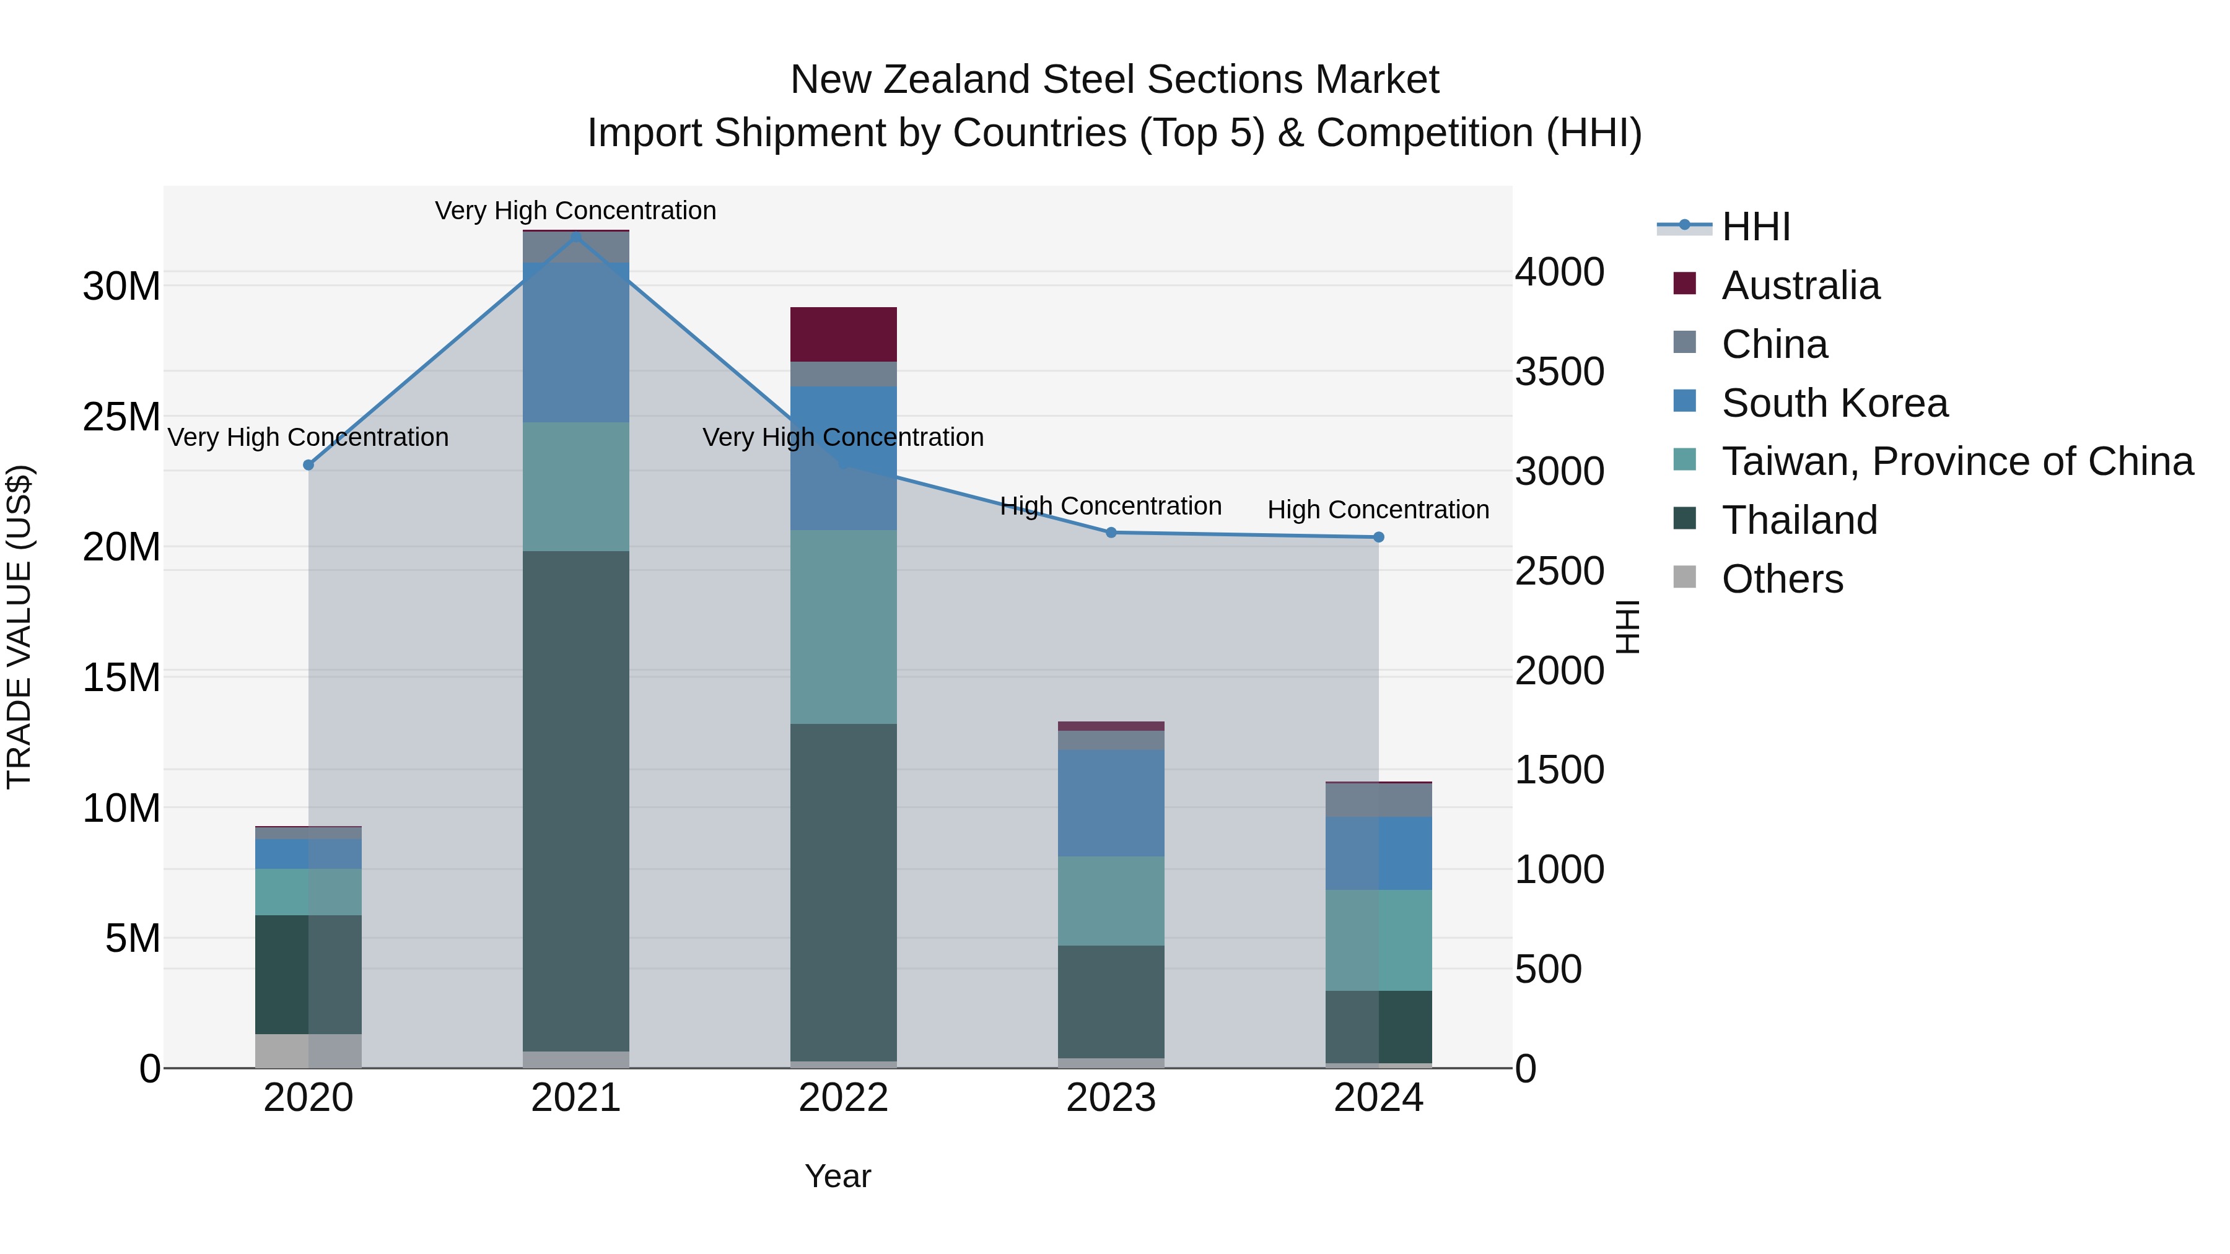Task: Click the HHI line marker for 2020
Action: pos(308,464)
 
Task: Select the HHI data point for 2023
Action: pos(1111,532)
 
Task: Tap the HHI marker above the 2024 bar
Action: pos(1379,538)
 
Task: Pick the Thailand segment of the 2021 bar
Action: pos(575,801)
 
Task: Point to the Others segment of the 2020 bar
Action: pos(308,1051)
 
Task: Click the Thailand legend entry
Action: pos(1799,520)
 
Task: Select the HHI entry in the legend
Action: pos(1755,227)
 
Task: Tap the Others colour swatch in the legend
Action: pos(1685,577)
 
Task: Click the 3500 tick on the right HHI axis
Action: pos(1559,372)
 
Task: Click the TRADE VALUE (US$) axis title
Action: pos(19,627)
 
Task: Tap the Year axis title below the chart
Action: pos(837,1176)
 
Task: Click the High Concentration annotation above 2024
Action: pos(1378,510)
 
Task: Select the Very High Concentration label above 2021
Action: pos(575,211)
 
